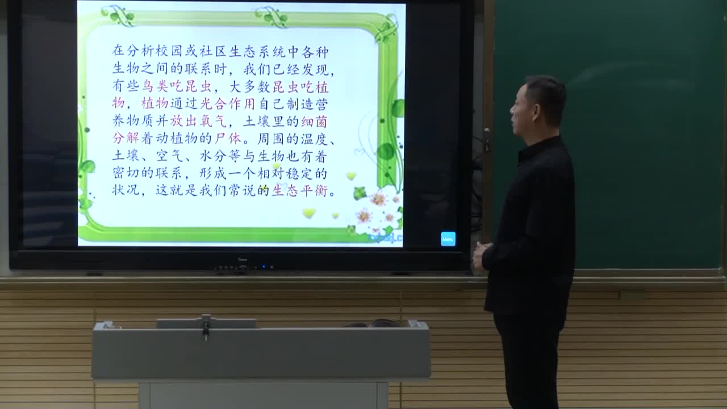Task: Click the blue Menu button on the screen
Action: [448, 239]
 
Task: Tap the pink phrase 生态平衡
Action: [300, 191]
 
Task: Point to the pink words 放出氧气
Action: [198, 122]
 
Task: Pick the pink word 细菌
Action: [315, 122]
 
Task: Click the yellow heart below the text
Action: [308, 213]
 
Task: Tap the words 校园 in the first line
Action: [170, 52]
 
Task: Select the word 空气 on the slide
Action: [170, 156]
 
